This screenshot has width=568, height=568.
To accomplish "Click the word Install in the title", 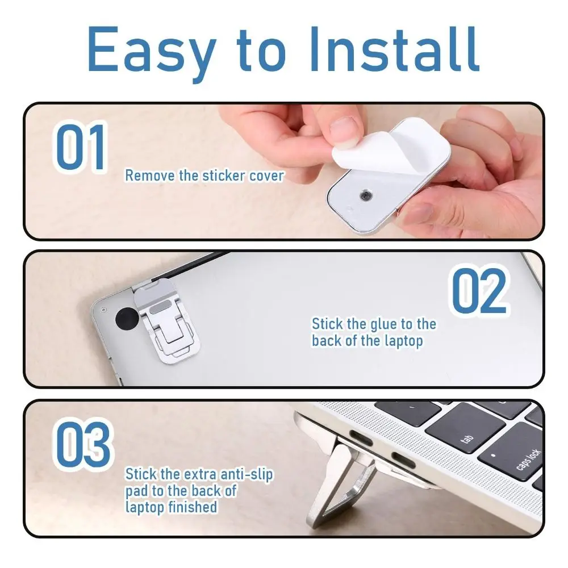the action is (394, 49).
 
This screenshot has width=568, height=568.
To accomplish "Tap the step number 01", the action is (81, 147).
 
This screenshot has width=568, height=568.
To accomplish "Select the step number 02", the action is (479, 291).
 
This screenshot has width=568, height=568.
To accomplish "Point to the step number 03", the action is (83, 444).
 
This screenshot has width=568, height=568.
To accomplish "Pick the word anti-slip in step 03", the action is (247, 475).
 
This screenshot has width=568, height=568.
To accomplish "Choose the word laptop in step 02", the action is (403, 341).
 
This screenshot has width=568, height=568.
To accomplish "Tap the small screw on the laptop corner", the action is (103, 310).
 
